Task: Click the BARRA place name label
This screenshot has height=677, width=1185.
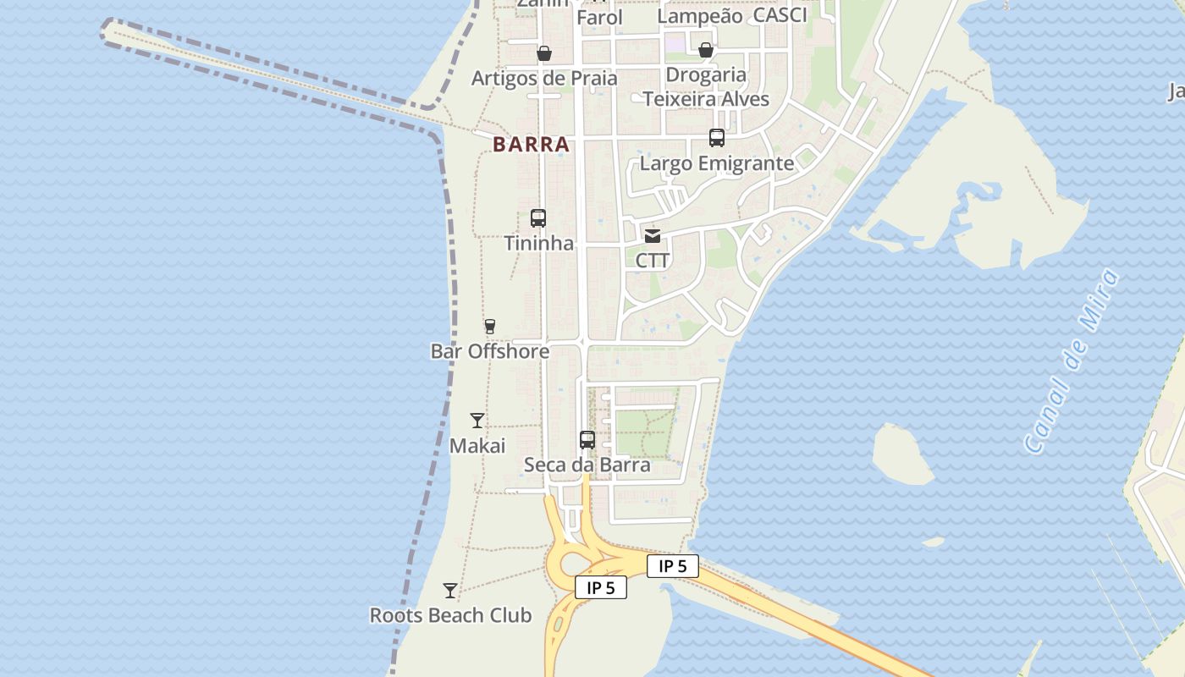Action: coord(531,145)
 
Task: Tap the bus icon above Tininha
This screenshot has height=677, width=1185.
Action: coord(538,218)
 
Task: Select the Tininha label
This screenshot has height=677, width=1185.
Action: coord(538,244)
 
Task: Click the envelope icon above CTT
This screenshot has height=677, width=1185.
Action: coord(653,236)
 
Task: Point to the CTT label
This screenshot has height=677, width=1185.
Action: coord(653,261)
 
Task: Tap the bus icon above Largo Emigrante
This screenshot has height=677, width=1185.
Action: coord(717,138)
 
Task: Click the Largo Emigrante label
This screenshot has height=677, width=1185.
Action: coord(717,163)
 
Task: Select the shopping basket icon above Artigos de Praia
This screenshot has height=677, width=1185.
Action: coord(544,53)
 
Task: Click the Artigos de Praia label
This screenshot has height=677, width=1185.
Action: coord(544,79)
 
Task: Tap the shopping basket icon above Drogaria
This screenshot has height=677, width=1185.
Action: coord(706,50)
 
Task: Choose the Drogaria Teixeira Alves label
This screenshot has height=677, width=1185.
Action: coord(706,87)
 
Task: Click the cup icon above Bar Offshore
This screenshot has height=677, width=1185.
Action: coord(489,326)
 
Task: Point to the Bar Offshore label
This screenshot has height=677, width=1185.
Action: coord(490,351)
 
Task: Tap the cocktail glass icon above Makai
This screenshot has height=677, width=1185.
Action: coord(477,421)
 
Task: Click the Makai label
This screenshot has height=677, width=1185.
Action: coord(477,446)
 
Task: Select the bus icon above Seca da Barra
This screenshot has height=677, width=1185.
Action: coord(587,440)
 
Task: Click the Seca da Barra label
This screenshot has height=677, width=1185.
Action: coord(587,465)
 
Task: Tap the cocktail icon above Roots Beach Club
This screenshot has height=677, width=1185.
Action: coord(450,591)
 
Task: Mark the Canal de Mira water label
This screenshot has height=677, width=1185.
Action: coord(1072,361)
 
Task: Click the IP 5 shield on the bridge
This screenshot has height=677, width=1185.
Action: coord(673,566)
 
